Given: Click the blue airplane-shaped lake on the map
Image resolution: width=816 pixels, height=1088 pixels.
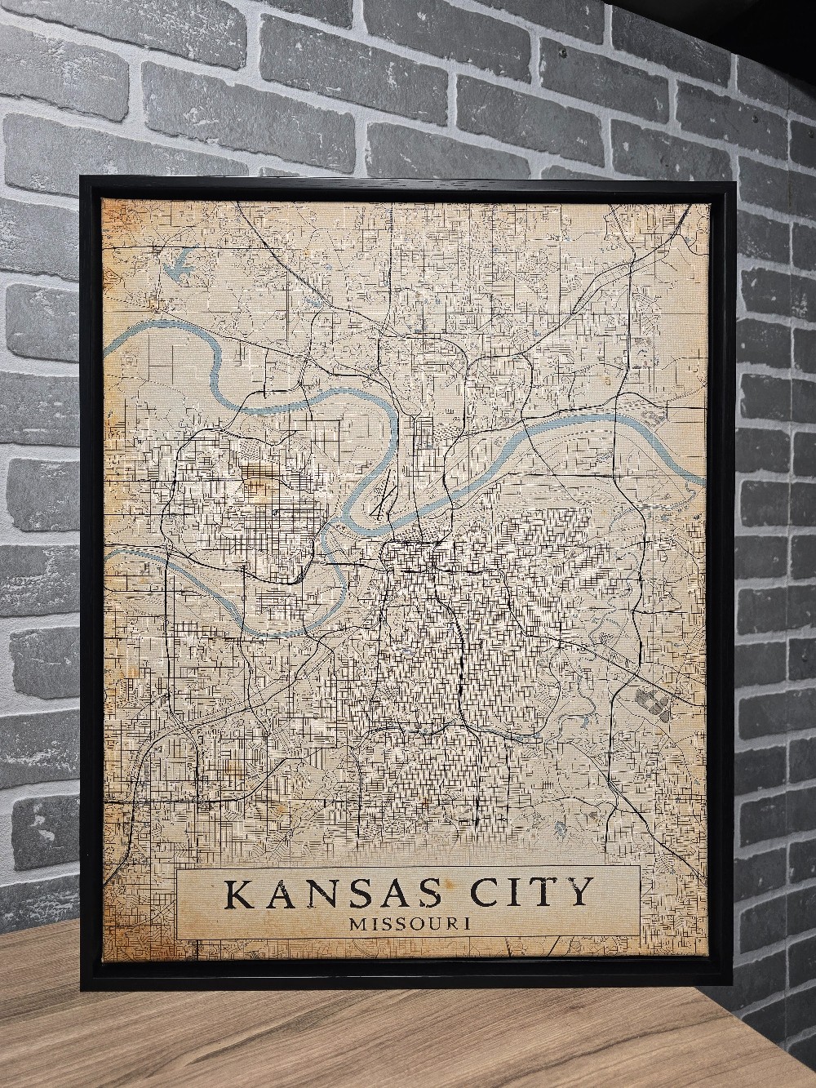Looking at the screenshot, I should [180, 264].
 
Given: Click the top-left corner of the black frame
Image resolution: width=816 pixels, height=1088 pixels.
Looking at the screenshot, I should [82, 175].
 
